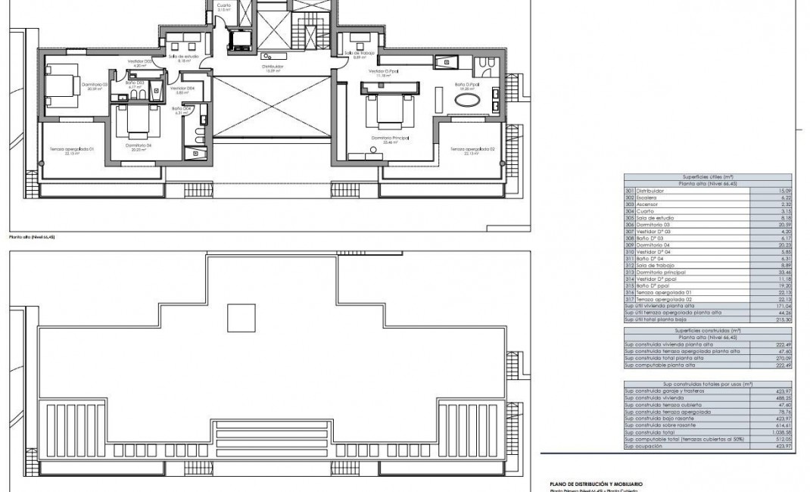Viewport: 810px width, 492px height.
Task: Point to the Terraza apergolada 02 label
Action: click(472, 150)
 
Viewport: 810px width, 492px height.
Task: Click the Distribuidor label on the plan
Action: click(273, 67)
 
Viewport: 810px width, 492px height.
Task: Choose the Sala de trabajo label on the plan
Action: click(359, 54)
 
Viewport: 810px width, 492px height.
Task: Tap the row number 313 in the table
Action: click(628, 271)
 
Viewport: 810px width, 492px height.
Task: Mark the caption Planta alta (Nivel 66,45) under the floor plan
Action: click(32, 237)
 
